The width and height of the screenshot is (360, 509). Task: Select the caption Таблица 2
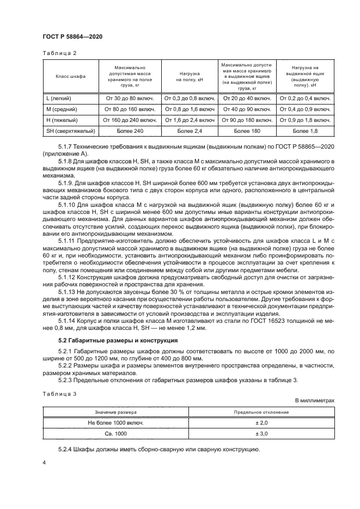coord(59,53)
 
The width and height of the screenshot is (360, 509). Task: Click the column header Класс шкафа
coord(70,77)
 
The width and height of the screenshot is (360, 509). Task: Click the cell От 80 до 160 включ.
coord(131,109)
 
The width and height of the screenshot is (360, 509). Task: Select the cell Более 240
coord(131,131)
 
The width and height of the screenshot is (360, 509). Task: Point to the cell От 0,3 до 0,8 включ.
coord(191,99)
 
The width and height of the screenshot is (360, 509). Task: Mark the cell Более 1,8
coord(305,131)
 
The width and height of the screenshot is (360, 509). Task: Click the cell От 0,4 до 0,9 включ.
coord(305,109)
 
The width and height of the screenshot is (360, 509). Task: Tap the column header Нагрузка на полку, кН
coord(191,77)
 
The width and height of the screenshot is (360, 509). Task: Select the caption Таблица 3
coord(59,392)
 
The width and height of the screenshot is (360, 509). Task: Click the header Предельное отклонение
coord(261,412)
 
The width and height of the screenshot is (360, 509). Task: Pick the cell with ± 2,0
coord(261,423)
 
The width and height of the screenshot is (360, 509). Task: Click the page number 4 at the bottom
coord(44,462)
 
